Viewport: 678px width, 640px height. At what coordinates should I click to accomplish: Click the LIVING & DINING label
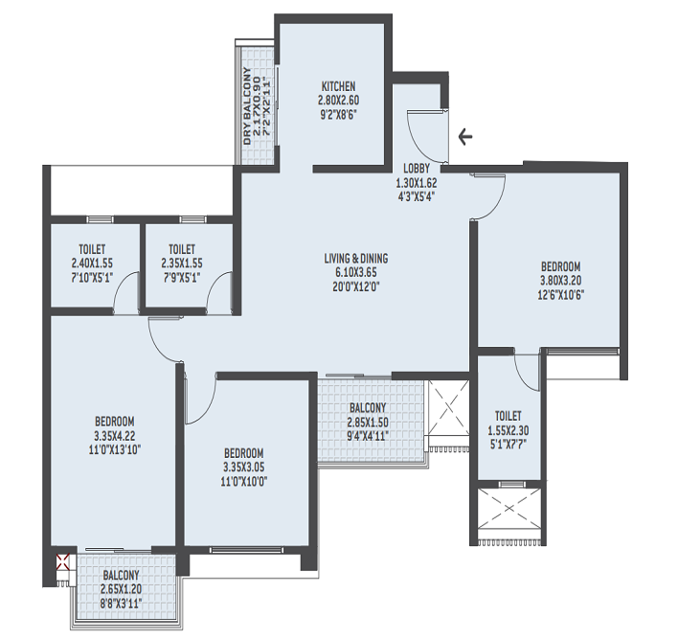355,258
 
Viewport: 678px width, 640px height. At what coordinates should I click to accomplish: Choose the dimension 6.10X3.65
355,271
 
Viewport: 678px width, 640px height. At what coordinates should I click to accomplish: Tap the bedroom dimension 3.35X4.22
114,435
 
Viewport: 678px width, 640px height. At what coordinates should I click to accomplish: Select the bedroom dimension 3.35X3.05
244,467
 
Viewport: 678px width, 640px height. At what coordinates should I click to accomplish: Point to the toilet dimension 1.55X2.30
508,430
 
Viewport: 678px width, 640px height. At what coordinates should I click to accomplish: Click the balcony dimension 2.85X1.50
368,422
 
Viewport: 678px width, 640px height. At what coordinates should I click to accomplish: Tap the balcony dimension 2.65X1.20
121,590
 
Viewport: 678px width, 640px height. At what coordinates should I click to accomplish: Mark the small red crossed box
64,562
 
